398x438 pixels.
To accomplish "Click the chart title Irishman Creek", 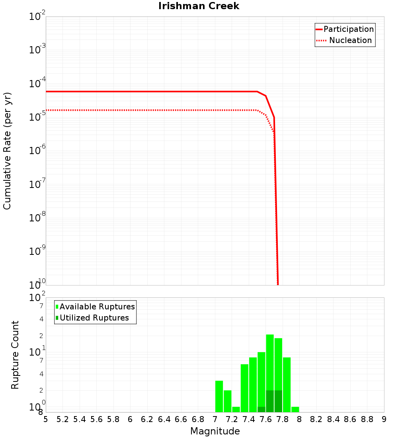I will coord(199,6).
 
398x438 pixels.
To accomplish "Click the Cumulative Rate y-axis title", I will coord(7,151).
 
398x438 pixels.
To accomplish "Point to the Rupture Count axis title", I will coord(15,355).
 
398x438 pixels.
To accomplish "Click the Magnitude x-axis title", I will coord(215,431).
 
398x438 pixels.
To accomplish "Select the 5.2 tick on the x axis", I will coord(63,420).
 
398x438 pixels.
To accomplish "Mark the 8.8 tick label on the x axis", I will coord(367,420).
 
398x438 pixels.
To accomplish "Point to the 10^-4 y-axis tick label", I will coord(37,84).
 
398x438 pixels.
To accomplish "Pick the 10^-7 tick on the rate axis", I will coord(37,184).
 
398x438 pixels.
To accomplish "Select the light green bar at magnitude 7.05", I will coord(219,396).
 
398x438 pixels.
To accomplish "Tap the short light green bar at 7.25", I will coord(236,409).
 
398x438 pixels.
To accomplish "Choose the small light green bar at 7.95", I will coord(295,409).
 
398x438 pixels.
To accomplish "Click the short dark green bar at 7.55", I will coord(261,409).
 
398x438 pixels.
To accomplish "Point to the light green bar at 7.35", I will coord(244,388).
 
